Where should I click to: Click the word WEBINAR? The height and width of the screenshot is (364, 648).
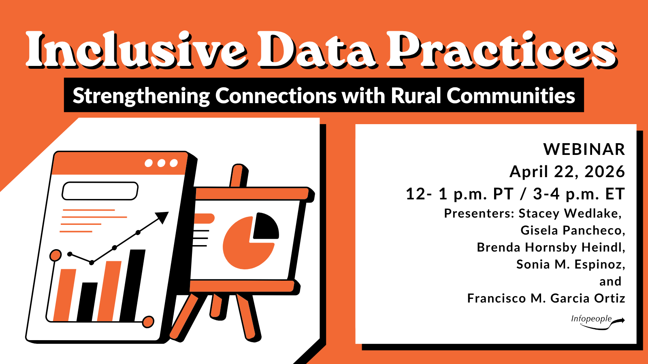[584, 150]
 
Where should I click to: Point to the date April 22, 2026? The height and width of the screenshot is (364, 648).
[567, 172]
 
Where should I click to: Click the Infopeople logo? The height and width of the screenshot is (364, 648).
[597, 321]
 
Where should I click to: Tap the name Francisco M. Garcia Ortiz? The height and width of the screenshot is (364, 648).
[546, 298]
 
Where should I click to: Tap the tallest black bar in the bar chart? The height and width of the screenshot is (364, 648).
[133, 285]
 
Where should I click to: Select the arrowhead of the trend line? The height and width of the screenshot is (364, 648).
[163, 217]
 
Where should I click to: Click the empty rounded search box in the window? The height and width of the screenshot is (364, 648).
[100, 191]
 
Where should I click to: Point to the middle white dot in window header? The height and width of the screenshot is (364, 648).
[161, 163]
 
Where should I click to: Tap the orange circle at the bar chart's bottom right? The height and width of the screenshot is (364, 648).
[148, 322]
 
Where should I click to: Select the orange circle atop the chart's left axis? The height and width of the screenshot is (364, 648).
[55, 255]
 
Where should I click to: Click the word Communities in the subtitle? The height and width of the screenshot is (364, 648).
[511, 96]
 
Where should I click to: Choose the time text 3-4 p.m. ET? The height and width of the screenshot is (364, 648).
[579, 194]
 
